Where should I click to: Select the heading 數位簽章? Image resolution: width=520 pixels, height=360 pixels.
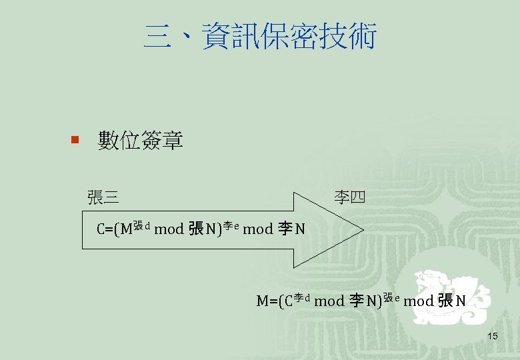pos(140,141)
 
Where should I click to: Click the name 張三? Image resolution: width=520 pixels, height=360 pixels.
pos(103,197)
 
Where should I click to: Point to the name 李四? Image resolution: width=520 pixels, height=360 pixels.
pos(349,197)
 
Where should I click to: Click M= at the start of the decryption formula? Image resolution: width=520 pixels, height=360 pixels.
pos(266,301)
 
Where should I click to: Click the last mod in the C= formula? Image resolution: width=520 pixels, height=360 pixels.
pos(257,230)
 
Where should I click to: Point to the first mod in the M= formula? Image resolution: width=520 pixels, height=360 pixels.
pos(329,301)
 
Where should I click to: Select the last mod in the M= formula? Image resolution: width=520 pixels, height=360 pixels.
pos(419,301)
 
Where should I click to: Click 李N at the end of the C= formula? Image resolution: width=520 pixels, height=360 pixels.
pos(291,230)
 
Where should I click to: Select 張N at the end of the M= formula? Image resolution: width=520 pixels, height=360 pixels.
pos(452,301)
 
